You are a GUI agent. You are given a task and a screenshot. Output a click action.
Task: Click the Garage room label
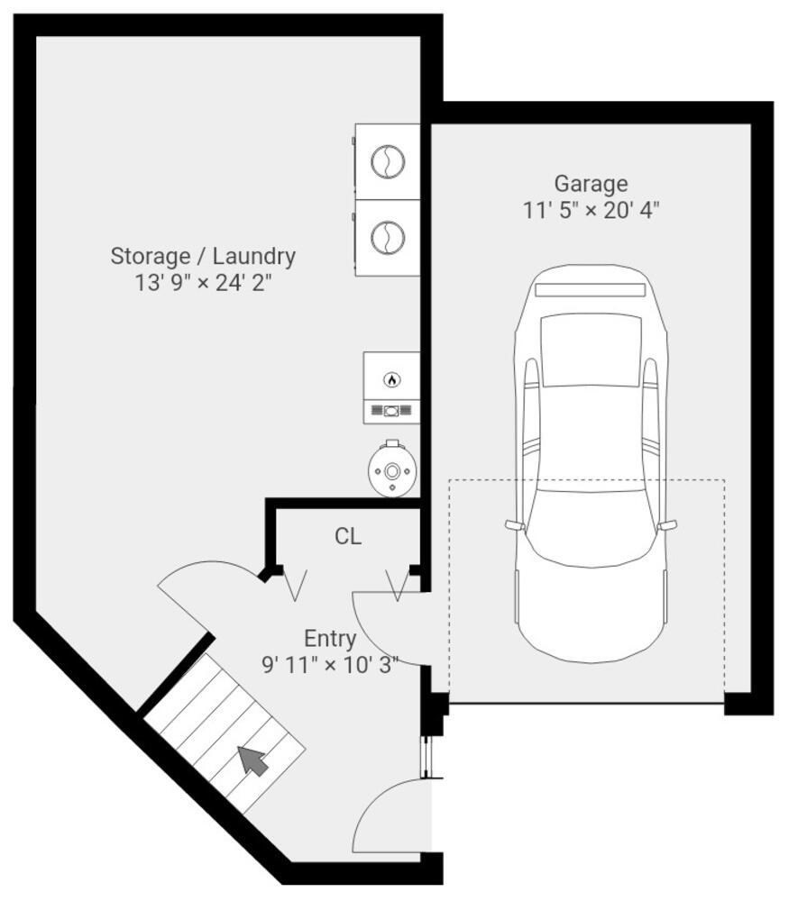coord(591,184)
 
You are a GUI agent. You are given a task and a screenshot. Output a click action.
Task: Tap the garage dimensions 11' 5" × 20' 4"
coord(591,211)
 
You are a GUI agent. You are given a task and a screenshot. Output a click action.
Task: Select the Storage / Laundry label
coord(203,256)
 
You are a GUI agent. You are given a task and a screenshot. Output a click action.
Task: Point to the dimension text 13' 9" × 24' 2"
coord(203,283)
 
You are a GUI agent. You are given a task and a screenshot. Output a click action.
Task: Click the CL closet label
coord(348,537)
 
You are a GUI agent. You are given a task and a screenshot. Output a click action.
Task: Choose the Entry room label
coord(330,639)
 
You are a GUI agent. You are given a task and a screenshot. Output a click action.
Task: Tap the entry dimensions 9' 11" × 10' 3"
coord(330,666)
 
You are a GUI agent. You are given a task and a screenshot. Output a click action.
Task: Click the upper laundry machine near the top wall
coord(388,161)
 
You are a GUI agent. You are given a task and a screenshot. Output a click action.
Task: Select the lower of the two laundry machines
coord(388,238)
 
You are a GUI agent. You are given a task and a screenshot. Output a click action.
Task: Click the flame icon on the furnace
coord(391,379)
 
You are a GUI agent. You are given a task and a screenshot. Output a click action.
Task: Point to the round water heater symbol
coord(391,469)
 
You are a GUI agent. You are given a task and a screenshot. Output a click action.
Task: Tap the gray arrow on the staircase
coord(253,760)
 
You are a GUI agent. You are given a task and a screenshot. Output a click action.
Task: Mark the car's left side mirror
coord(514,524)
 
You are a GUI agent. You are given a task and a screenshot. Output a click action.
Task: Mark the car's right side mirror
coord(668,524)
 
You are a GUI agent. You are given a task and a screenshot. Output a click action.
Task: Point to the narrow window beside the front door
coord(428,757)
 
